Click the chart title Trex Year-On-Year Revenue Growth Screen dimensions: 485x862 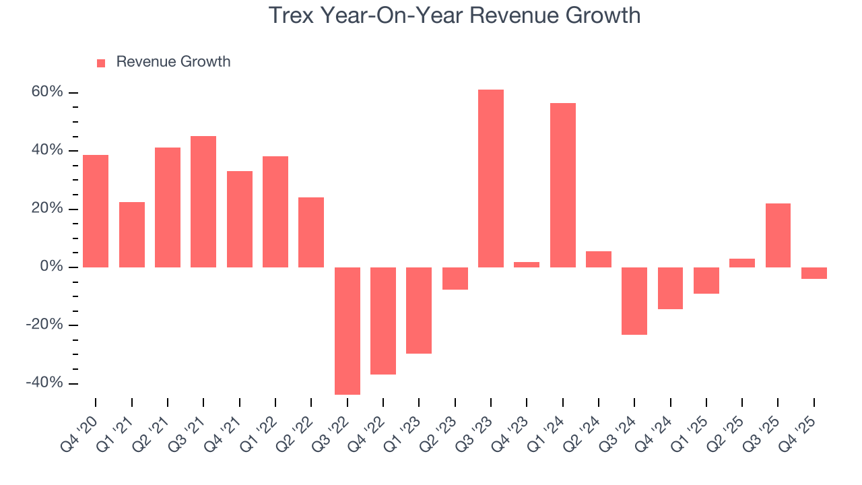click(x=455, y=15)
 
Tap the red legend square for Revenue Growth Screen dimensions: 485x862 click(x=101, y=63)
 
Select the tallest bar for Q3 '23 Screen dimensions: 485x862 click(x=491, y=179)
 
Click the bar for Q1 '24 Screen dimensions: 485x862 click(x=563, y=185)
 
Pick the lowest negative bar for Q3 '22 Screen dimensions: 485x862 click(x=347, y=331)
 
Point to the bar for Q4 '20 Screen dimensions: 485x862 click(x=96, y=211)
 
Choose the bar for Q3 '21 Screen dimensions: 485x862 click(x=203, y=201)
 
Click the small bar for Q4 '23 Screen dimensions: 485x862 click(x=527, y=265)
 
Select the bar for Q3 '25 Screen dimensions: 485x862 click(x=778, y=235)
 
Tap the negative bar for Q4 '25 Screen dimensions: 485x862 click(x=814, y=273)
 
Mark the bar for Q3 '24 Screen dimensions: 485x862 click(x=634, y=301)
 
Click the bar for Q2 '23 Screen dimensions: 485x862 click(x=455, y=278)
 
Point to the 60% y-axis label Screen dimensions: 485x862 click(x=47, y=92)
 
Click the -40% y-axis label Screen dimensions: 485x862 click(x=44, y=383)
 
